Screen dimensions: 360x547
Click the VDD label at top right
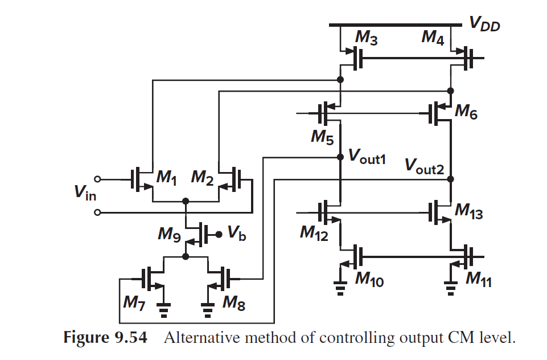tap(484, 23)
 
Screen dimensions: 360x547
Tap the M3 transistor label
tap(367, 38)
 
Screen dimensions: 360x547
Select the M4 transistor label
tap(433, 38)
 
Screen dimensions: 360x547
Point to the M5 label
tap(322, 137)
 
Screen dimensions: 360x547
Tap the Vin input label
tap(85, 195)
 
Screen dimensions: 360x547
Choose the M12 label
tap(314, 233)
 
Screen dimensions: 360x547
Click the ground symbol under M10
tap(340, 289)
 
